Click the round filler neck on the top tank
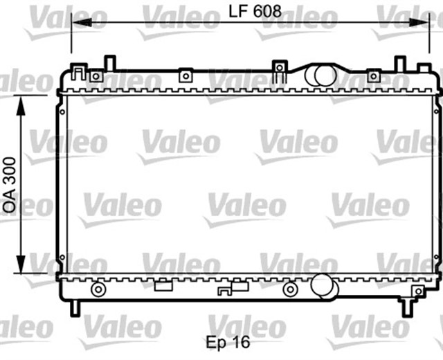pyautogui.click(x=320, y=75)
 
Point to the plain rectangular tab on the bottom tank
pyautogui.click(x=163, y=285)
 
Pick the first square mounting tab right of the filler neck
pyautogui.click(x=374, y=75)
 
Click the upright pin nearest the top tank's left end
pyautogui.click(x=108, y=63)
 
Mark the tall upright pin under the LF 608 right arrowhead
pyautogui.click(x=399, y=64)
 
